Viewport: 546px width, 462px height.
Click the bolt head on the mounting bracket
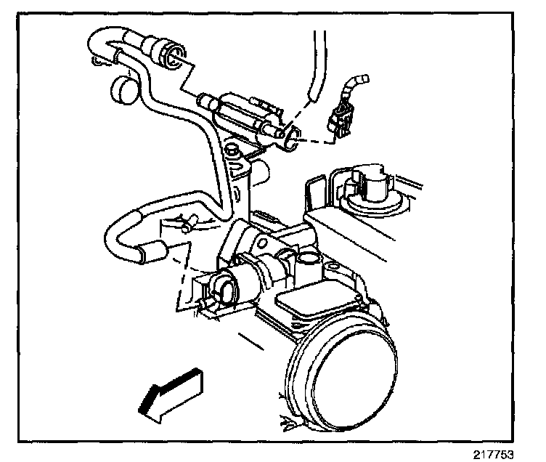point(232,151)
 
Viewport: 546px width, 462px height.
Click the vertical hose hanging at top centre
point(313,65)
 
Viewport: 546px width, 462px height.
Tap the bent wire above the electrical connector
point(356,84)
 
